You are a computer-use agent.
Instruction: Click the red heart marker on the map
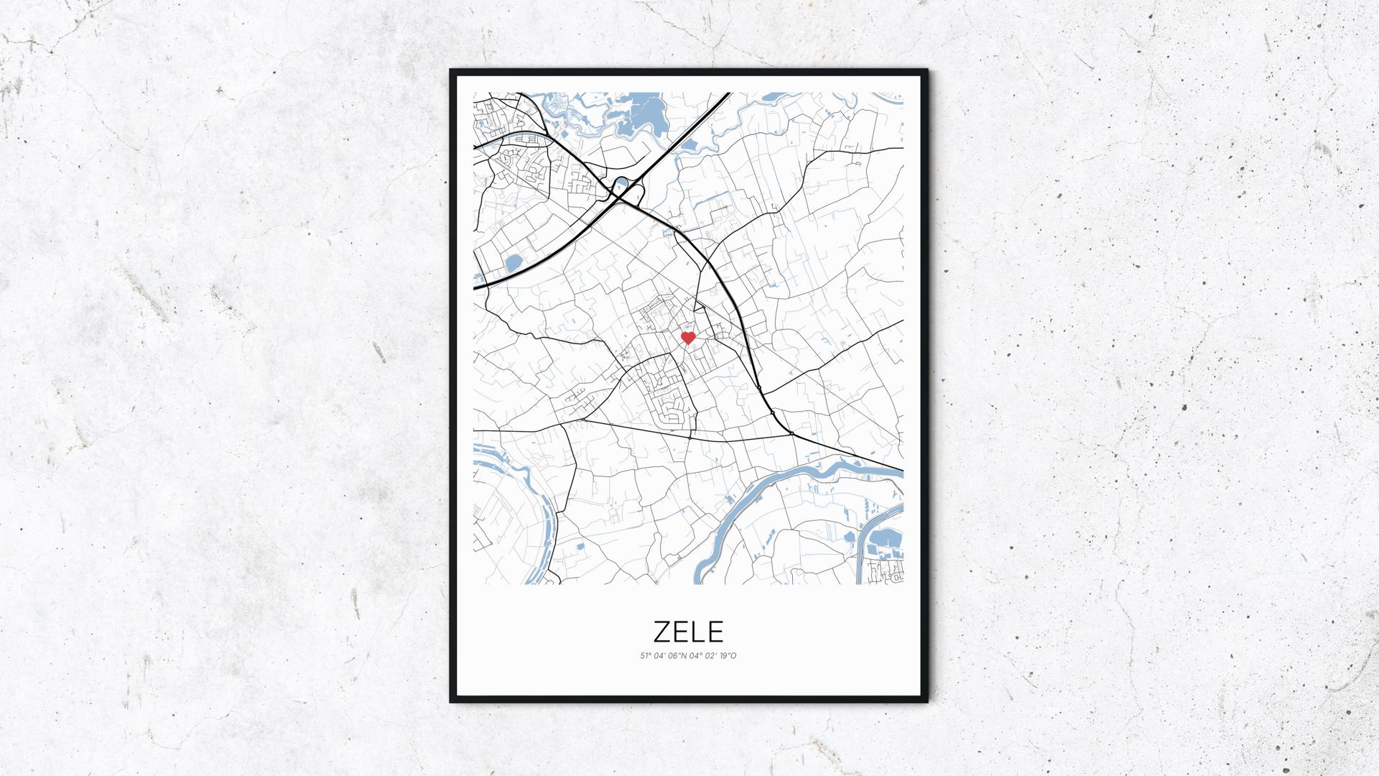tap(688, 337)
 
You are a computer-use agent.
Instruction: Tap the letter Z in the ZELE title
tap(664, 631)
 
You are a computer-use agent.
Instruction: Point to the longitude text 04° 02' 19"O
tap(713, 655)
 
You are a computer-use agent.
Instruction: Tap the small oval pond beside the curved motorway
tap(514, 264)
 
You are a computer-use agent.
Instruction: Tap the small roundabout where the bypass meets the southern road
tap(790, 433)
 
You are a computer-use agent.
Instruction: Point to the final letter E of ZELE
tap(715, 631)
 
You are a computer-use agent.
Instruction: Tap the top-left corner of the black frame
tap(452, 71)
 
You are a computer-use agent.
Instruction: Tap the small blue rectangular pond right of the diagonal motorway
tap(689, 147)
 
